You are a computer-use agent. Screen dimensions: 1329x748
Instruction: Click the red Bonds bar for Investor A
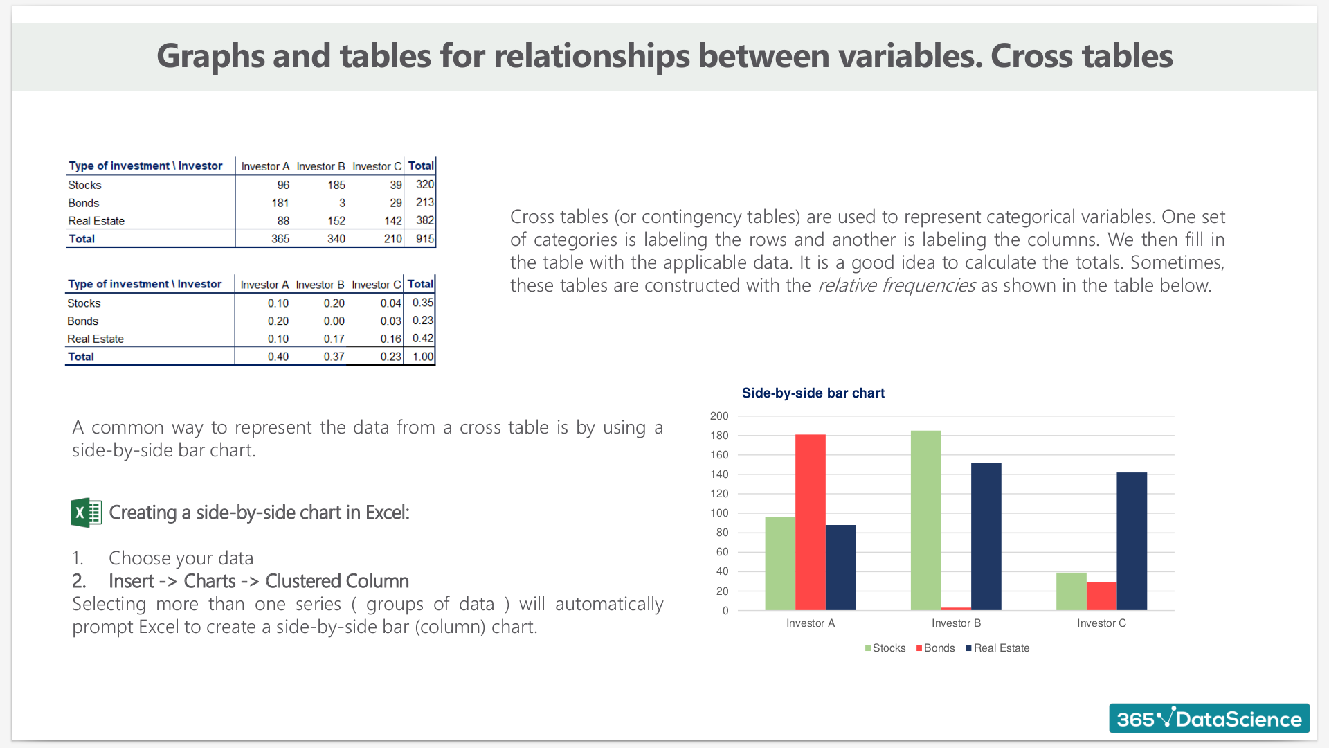click(x=811, y=522)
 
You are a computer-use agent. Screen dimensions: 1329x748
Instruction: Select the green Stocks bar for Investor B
click(x=926, y=520)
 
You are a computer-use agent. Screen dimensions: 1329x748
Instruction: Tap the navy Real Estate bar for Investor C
click(x=1132, y=541)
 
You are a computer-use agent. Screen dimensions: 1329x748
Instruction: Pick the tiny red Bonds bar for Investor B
click(x=956, y=609)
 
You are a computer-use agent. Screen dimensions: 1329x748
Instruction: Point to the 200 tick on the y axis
click(x=719, y=416)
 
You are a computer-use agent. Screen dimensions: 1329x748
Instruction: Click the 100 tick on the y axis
click(x=719, y=513)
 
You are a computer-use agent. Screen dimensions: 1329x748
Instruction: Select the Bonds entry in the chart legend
click(x=935, y=648)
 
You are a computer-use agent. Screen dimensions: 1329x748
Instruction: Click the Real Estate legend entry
click(x=997, y=648)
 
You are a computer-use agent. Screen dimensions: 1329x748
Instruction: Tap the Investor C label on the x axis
click(x=1101, y=623)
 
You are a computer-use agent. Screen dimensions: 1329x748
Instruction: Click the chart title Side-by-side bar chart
click(x=813, y=393)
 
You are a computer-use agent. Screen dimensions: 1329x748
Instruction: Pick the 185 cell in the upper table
click(x=336, y=185)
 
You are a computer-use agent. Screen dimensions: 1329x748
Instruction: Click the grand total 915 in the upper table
click(x=425, y=239)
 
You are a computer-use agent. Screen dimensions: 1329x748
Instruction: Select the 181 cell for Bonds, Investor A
click(x=280, y=203)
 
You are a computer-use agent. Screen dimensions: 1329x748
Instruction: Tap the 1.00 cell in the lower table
click(x=423, y=357)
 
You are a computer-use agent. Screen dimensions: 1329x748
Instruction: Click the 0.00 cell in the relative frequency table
click(x=334, y=321)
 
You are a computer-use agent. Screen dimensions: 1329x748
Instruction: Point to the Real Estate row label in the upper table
click(x=96, y=221)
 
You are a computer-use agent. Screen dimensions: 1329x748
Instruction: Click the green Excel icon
click(x=87, y=513)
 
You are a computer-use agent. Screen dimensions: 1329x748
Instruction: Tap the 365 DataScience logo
click(x=1209, y=718)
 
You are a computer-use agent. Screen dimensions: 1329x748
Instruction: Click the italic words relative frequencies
click(x=897, y=285)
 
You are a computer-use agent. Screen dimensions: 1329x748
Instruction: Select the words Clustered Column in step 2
click(x=337, y=581)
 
